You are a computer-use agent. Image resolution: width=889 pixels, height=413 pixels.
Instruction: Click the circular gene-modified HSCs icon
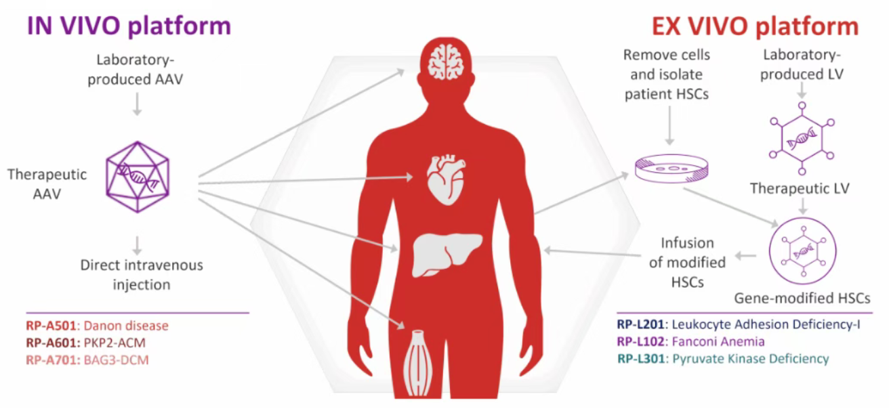pyautogui.click(x=803, y=252)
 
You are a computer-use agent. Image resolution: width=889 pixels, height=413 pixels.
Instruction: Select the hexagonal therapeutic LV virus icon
pyautogui.click(x=802, y=138)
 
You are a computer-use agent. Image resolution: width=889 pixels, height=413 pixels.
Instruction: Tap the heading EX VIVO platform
pyautogui.click(x=755, y=26)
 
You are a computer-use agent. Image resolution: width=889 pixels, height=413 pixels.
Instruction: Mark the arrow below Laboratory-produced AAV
pyautogui.click(x=138, y=103)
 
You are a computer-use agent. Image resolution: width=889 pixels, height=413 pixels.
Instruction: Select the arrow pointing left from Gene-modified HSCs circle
pyautogui.click(x=747, y=255)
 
